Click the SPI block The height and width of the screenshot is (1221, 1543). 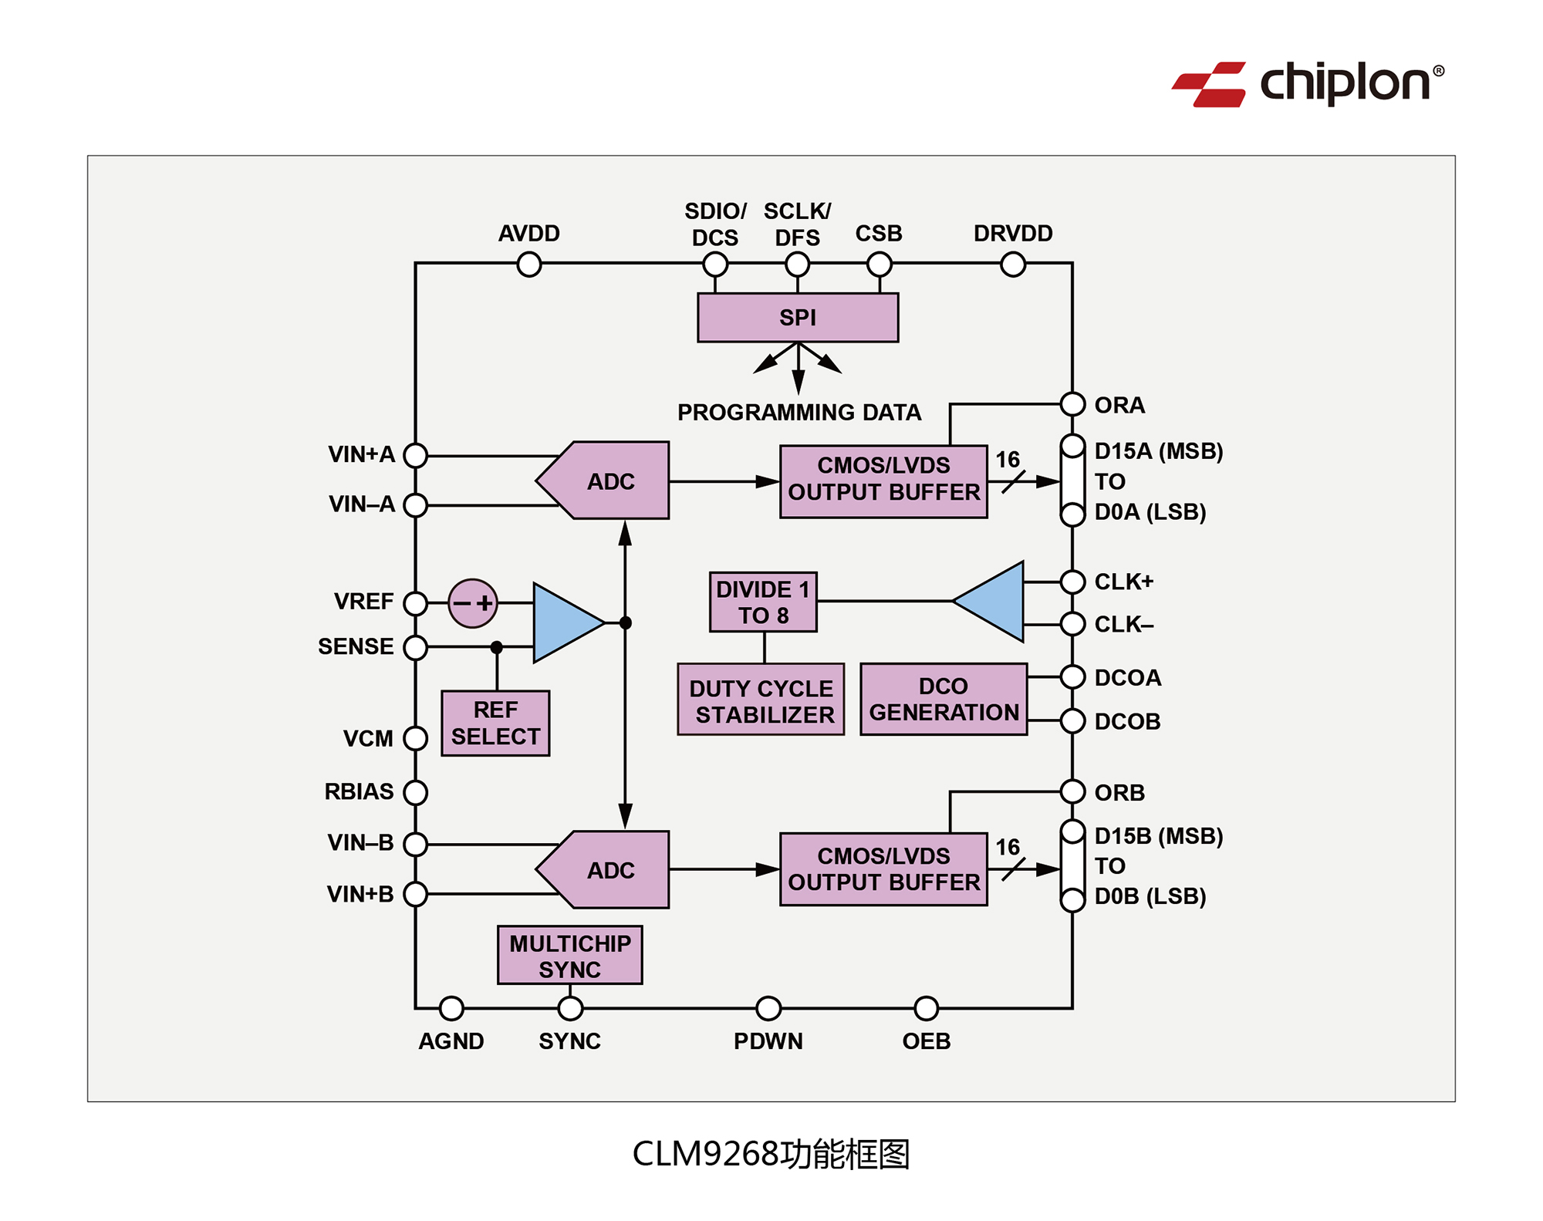click(x=797, y=317)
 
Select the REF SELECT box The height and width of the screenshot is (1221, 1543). click(x=495, y=723)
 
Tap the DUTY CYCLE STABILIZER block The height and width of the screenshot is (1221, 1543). click(x=761, y=700)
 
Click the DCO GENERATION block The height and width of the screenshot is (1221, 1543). click(x=944, y=699)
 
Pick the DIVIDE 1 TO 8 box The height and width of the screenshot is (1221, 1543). click(x=762, y=602)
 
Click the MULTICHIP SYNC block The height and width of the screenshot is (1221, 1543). click(x=569, y=956)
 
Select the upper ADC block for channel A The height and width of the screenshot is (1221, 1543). click(x=609, y=481)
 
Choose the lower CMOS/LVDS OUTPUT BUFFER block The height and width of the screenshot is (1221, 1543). click(x=883, y=869)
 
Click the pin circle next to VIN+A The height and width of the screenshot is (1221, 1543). click(x=416, y=455)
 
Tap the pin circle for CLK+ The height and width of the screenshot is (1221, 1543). click(x=1072, y=582)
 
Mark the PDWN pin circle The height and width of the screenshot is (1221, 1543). click(x=768, y=1008)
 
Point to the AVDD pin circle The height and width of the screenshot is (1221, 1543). click(x=529, y=265)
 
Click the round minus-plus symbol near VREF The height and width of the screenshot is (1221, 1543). click(x=472, y=602)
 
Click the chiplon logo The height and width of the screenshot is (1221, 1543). click(x=1308, y=83)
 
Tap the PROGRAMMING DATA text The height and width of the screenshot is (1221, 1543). click(x=799, y=413)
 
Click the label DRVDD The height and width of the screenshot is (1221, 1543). click(x=1012, y=233)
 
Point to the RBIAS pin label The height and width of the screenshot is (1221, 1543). click(x=359, y=791)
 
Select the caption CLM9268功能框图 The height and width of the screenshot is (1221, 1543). click(x=771, y=1154)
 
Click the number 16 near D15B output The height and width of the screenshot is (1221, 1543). click(x=1007, y=847)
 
